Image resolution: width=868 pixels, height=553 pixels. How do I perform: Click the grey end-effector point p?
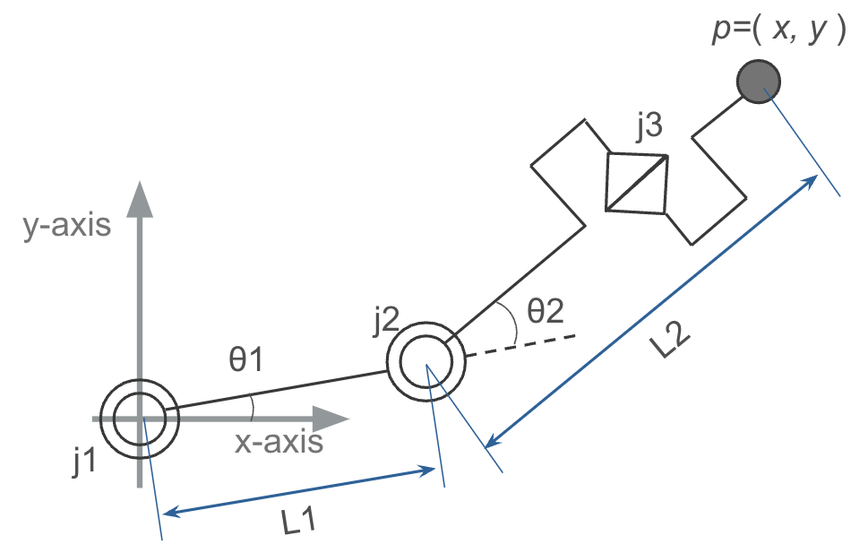point(759,82)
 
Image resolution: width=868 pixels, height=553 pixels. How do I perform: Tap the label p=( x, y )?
point(779,28)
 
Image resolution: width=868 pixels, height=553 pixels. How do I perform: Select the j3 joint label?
point(649,125)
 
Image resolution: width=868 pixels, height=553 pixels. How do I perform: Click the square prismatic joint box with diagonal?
point(637,184)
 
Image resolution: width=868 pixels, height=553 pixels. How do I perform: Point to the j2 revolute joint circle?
point(425,361)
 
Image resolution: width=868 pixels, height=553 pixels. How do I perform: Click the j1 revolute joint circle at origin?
point(140,419)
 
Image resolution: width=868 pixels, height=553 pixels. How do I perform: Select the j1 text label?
point(85,461)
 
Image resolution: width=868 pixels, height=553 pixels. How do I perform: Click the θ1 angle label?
point(245,359)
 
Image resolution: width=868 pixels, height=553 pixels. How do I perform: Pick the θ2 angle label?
point(546,310)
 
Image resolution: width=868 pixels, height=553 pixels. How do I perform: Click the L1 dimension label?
point(299,522)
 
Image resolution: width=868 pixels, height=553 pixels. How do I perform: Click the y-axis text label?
point(66,225)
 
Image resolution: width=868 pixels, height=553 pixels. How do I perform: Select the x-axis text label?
point(279,442)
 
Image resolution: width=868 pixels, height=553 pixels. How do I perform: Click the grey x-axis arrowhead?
point(331,419)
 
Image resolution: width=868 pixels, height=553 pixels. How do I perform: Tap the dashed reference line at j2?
point(521,345)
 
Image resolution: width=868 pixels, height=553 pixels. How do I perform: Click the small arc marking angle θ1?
point(252,408)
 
